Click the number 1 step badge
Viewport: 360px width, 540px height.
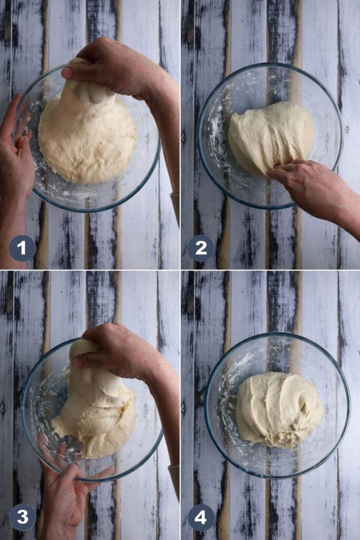pyautogui.click(x=22, y=248)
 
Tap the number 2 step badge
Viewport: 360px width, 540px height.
pyautogui.click(x=201, y=248)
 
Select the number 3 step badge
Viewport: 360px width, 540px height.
pyautogui.click(x=22, y=517)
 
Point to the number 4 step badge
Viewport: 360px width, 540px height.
pyautogui.click(x=201, y=517)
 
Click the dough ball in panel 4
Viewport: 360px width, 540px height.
pyautogui.click(x=278, y=409)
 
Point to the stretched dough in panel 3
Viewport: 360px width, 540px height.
pyautogui.click(x=95, y=406)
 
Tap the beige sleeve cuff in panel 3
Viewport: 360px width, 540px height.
pyautogui.click(x=174, y=475)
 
